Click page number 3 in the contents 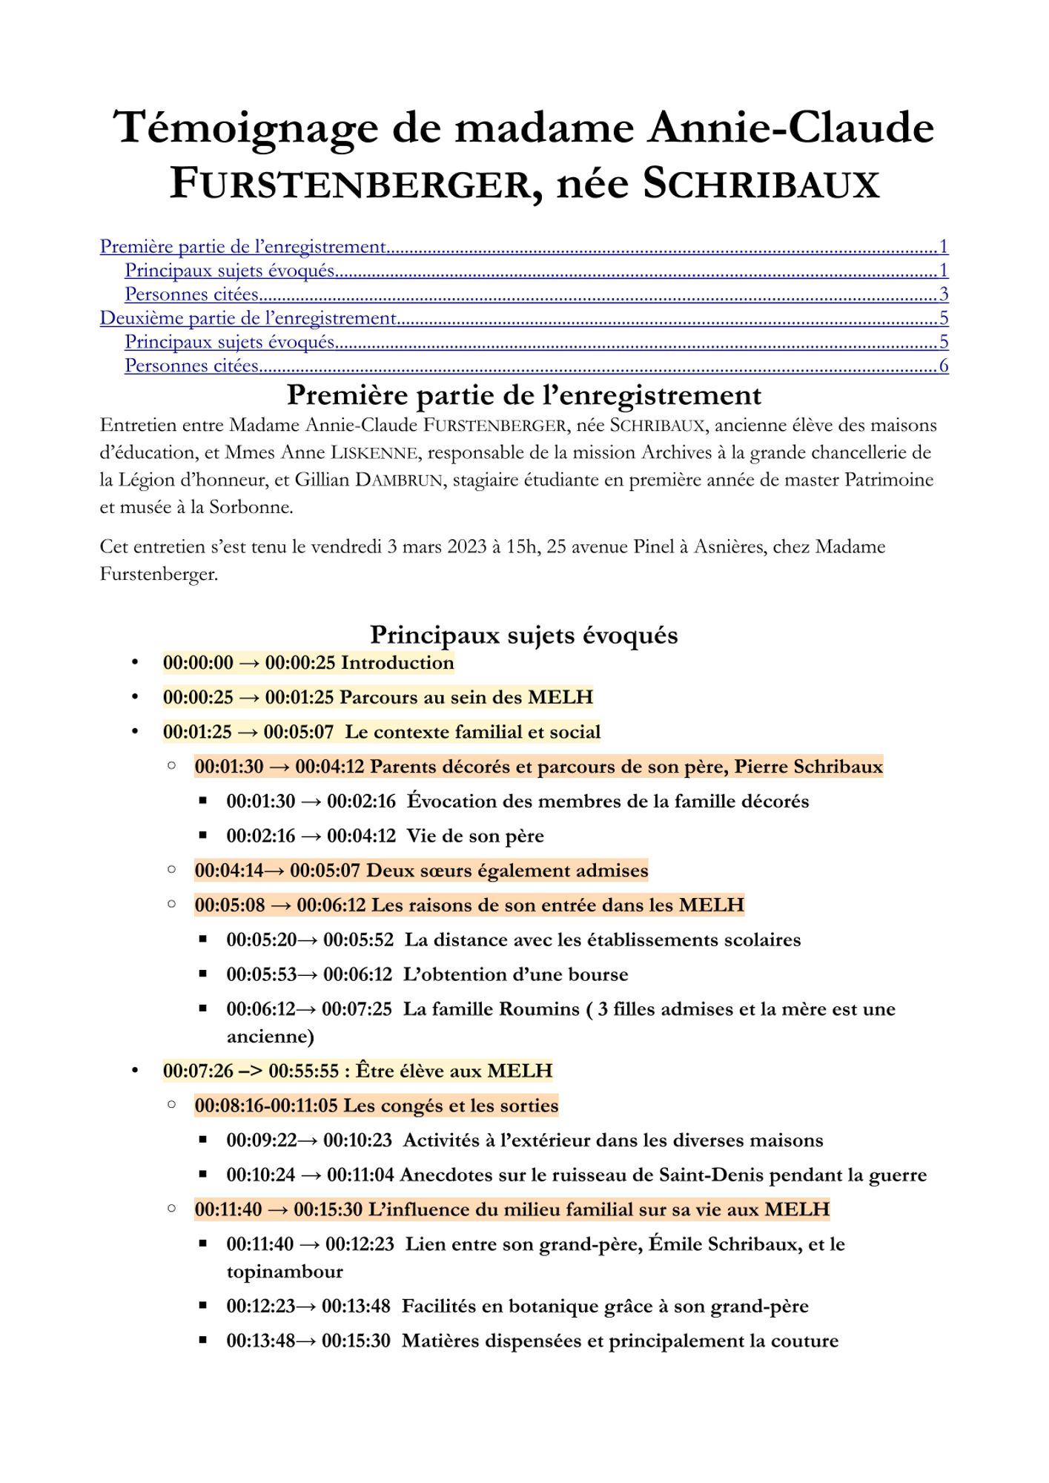click(x=943, y=294)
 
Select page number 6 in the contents click(x=943, y=366)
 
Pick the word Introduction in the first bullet click(x=397, y=662)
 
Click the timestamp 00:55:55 click(x=303, y=1071)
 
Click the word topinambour click(x=285, y=1272)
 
